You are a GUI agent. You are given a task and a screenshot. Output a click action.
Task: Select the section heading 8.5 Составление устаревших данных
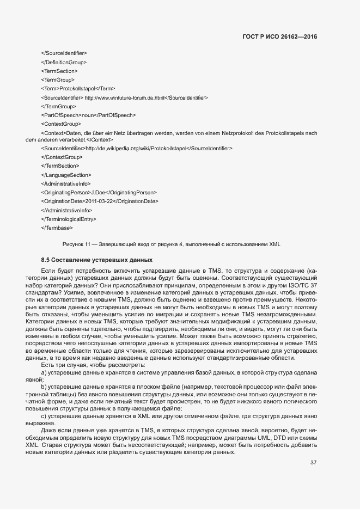point(96,260)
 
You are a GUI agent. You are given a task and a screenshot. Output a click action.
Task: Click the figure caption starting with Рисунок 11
point(172,244)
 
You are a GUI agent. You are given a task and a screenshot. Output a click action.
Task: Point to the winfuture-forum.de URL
point(125,97)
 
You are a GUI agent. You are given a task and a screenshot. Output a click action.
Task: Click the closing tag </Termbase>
point(57,227)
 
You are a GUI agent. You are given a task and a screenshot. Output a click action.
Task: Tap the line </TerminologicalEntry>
point(69,218)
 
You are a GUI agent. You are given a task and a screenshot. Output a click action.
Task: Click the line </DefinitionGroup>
point(64,62)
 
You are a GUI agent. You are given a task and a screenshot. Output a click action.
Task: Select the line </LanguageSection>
point(66,175)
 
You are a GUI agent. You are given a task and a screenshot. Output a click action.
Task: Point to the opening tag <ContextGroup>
point(61,124)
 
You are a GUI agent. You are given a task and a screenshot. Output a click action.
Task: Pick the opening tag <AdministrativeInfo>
point(66,183)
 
